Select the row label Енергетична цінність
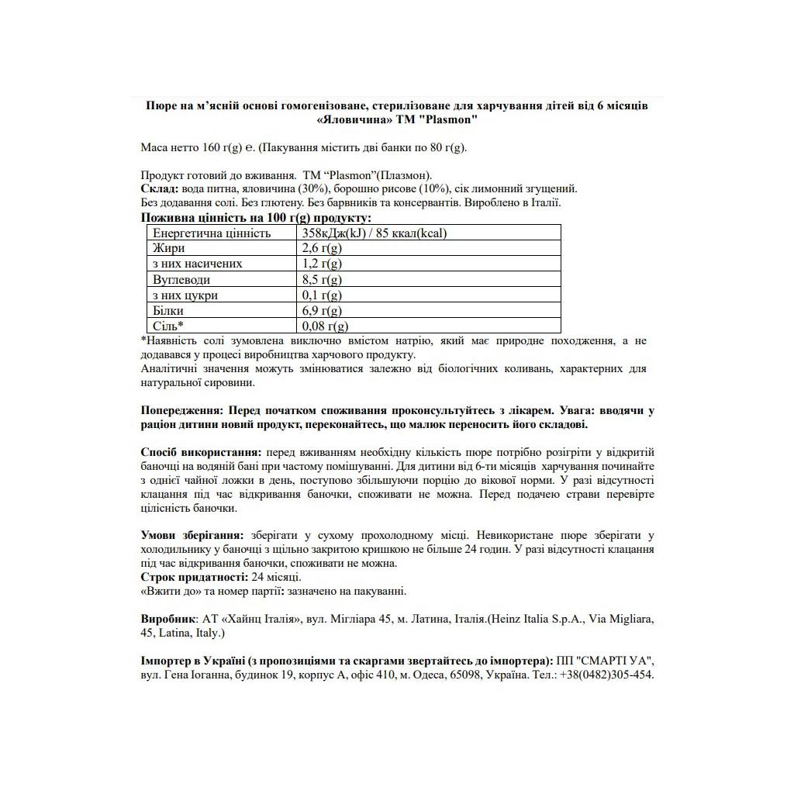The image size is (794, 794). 212,233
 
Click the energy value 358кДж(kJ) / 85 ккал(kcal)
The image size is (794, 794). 375,233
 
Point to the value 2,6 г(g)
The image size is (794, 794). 322,248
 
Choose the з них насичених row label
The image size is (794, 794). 198,264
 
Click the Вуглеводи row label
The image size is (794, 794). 181,280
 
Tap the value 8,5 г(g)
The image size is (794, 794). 322,280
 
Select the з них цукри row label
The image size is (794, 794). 185,295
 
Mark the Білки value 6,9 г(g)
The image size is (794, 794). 322,311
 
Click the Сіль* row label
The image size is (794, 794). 168,326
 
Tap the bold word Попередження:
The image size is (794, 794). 183,410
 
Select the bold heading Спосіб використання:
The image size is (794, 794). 202,452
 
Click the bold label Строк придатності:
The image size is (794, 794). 195,577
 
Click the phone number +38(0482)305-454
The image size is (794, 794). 603,675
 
